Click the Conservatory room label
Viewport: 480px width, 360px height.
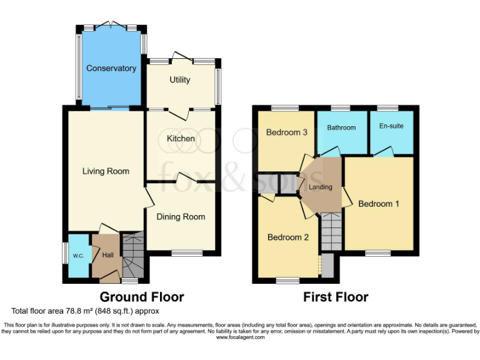pyautogui.click(x=111, y=68)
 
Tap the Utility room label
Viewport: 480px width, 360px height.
pyautogui.click(x=180, y=80)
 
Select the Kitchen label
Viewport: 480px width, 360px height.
pyautogui.click(x=180, y=138)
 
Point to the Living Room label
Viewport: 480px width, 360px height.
pyautogui.click(x=106, y=171)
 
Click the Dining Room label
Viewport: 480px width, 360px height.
pyautogui.click(x=181, y=217)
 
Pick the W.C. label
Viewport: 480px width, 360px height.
pyautogui.click(x=78, y=255)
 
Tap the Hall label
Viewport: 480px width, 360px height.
pyautogui.click(x=107, y=255)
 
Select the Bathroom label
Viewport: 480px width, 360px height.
pyautogui.click(x=341, y=127)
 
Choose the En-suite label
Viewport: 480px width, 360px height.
pyautogui.click(x=391, y=126)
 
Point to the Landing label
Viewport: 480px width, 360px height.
pyautogui.click(x=320, y=187)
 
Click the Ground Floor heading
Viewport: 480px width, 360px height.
pyautogui.click(x=142, y=297)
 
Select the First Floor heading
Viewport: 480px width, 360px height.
pyautogui.click(x=336, y=297)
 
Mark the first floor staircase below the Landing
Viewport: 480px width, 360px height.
pyautogui.click(x=329, y=231)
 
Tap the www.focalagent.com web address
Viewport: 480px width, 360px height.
pyautogui.click(x=240, y=337)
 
